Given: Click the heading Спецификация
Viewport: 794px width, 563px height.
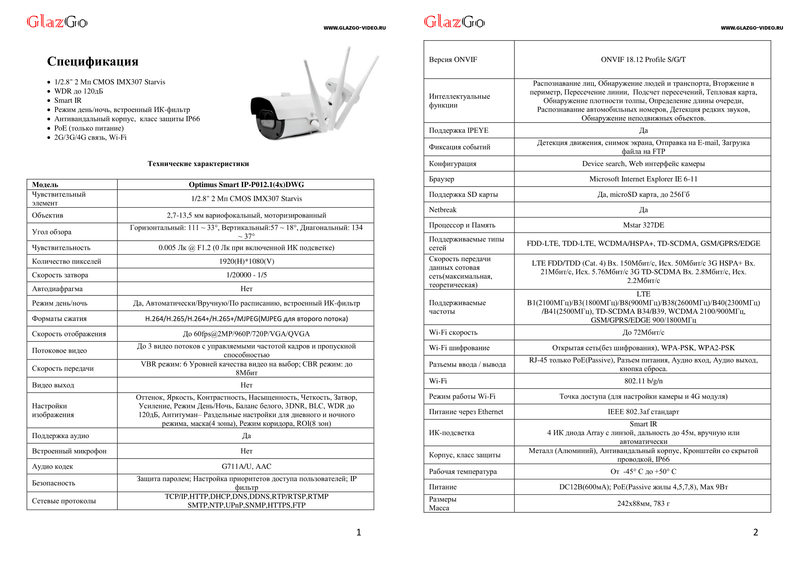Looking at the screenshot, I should (x=93, y=61).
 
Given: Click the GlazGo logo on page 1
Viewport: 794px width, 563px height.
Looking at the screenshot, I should (x=57, y=22).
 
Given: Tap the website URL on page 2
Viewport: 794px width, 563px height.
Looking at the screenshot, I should (x=752, y=28).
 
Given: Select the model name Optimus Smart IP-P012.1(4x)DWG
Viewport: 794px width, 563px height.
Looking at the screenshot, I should (x=246, y=184).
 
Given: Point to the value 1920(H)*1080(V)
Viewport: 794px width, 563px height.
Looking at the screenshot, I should (x=246, y=261).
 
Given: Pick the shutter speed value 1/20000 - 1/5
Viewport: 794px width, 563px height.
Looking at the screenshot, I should (x=246, y=275).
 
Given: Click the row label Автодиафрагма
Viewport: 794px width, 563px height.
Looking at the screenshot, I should (x=57, y=289).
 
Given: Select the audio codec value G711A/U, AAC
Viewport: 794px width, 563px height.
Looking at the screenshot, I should (x=246, y=466).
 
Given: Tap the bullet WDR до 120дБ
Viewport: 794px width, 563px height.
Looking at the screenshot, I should (x=78, y=91).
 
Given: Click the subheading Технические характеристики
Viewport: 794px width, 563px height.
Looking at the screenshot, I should (x=198, y=164).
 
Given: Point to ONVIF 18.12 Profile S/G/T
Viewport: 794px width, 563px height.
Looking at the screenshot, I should (x=643, y=60).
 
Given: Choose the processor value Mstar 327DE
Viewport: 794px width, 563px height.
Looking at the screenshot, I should (x=643, y=225).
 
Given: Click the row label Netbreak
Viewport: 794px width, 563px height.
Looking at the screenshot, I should (x=442, y=210).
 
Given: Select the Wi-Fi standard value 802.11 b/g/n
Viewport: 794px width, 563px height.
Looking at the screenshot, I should (x=643, y=381).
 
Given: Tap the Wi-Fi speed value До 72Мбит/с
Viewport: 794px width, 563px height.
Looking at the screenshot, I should (x=643, y=333).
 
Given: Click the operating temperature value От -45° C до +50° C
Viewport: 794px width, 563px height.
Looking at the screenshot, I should (x=643, y=471).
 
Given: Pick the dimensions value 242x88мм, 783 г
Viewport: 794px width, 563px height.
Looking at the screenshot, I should (x=643, y=503).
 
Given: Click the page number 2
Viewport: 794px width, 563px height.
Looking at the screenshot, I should (x=756, y=532).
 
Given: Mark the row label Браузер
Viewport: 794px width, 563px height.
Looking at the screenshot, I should (x=441, y=179).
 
